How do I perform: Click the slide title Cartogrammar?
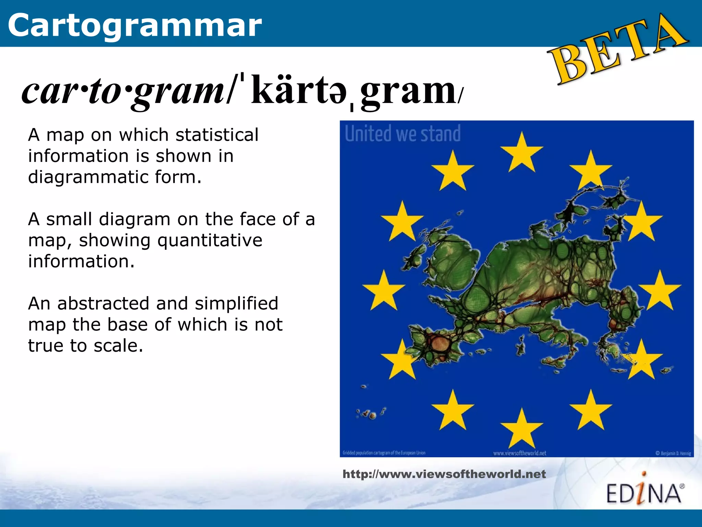coord(135,25)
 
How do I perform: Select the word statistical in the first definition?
coord(217,134)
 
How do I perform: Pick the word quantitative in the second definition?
coord(210,240)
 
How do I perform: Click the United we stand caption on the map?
coord(402,133)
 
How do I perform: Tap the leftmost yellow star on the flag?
coord(384,291)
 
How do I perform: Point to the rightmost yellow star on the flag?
coord(659,291)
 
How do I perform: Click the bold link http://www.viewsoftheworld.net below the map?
coord(444,474)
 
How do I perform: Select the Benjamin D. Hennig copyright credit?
coord(673,453)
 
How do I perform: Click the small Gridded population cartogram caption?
coord(384,453)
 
